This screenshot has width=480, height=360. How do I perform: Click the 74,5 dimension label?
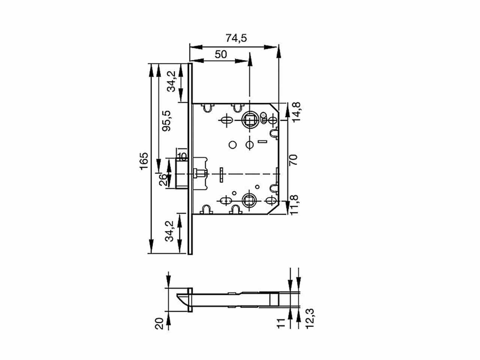(236, 38)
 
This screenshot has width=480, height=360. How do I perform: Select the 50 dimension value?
(221, 54)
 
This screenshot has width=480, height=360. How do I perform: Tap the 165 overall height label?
(144, 161)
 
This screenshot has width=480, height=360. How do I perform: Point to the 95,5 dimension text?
(166, 121)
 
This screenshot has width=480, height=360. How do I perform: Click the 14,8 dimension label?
(297, 112)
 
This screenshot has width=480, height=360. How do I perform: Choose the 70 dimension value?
(293, 160)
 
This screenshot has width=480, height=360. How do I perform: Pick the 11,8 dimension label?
(294, 205)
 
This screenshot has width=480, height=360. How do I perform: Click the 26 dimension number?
(163, 180)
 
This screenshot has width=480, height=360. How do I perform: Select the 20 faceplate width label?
(159, 324)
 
